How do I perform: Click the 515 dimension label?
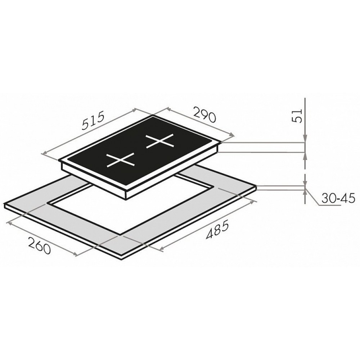point(93,120)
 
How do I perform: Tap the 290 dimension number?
point(205,114)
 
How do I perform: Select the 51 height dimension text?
point(296,116)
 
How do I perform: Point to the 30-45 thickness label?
point(338,198)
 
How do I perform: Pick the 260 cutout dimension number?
point(39,246)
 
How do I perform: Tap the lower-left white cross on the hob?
point(120,159)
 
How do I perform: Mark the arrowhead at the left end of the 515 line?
point(44,153)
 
